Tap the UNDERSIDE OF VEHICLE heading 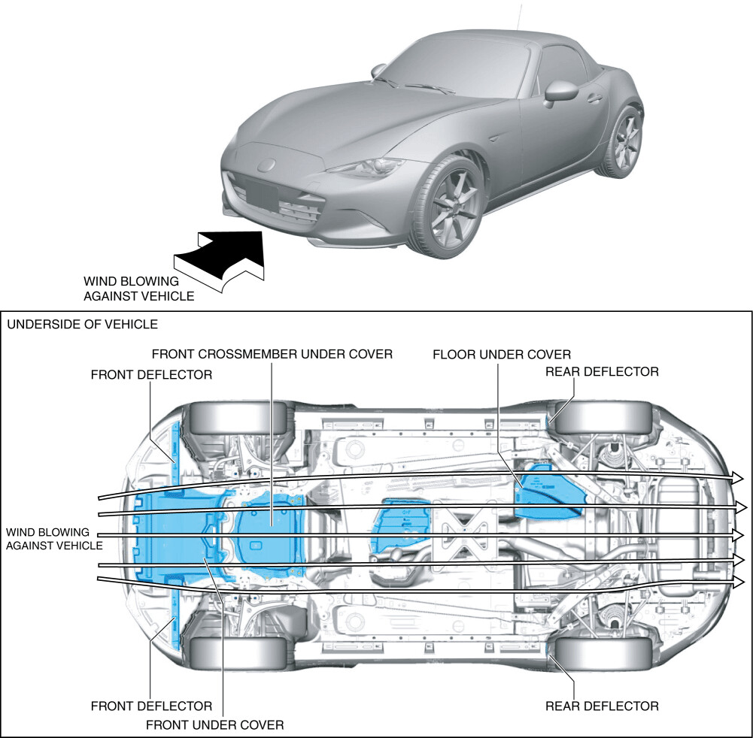(82, 325)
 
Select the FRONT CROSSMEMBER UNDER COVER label (272, 354)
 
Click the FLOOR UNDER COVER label (502, 354)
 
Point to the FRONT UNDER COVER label (214, 724)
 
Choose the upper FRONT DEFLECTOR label (151, 374)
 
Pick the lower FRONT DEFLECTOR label (151, 706)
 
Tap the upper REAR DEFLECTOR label (602, 371)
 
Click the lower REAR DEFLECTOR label (602, 706)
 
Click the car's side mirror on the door (560, 90)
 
